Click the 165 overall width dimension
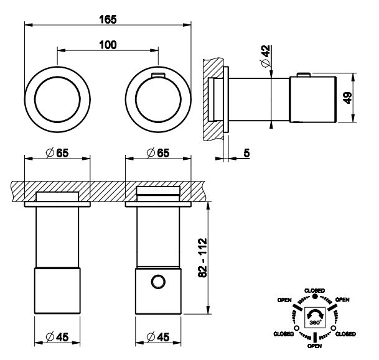108,19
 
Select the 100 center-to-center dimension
108,45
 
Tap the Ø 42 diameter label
266,58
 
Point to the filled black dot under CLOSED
315,297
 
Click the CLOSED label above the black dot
315,290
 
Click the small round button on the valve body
158,283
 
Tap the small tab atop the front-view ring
157,75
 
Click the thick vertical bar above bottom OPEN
315,336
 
